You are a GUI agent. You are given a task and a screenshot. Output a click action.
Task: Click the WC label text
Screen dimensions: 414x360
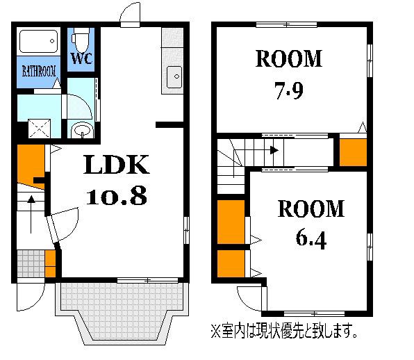coord(81,58)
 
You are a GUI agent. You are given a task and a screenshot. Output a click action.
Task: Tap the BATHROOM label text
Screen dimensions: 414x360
coord(39,72)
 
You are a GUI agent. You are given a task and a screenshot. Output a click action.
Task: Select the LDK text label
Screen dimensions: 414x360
coord(117,165)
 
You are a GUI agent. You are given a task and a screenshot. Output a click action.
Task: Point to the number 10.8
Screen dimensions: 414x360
coord(117,196)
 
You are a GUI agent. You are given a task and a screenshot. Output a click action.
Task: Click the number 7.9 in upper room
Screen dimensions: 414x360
coord(289,90)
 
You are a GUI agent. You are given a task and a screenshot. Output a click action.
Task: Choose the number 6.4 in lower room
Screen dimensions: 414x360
coord(310,240)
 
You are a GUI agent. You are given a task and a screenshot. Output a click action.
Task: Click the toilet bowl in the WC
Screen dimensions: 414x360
coord(81,41)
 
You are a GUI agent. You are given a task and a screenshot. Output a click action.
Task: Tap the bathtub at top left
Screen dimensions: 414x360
coord(38,41)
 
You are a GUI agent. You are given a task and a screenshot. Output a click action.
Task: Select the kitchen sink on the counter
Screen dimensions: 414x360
coord(174,77)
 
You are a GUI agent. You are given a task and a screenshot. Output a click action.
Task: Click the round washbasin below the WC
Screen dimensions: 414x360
coord(82,131)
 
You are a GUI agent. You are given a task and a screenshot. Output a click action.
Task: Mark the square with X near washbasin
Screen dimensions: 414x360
coord(39,129)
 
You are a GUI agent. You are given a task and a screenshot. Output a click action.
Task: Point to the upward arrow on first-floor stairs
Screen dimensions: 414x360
coord(31,214)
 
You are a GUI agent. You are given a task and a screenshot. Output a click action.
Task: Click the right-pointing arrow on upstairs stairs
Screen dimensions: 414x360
coord(274,151)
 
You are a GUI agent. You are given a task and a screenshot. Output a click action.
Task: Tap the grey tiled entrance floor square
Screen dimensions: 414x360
coord(31,263)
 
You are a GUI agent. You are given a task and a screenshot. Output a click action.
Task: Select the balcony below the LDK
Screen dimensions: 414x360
coord(122,313)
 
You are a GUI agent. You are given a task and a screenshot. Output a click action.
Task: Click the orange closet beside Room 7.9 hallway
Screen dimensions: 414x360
coord(353,152)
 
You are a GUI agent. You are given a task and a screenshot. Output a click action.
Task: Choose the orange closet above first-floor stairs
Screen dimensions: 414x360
coord(31,166)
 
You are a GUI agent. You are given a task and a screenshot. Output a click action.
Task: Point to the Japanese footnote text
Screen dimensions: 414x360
coord(284,331)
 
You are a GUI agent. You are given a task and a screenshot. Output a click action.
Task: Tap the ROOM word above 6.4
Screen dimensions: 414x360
coord(310,208)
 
